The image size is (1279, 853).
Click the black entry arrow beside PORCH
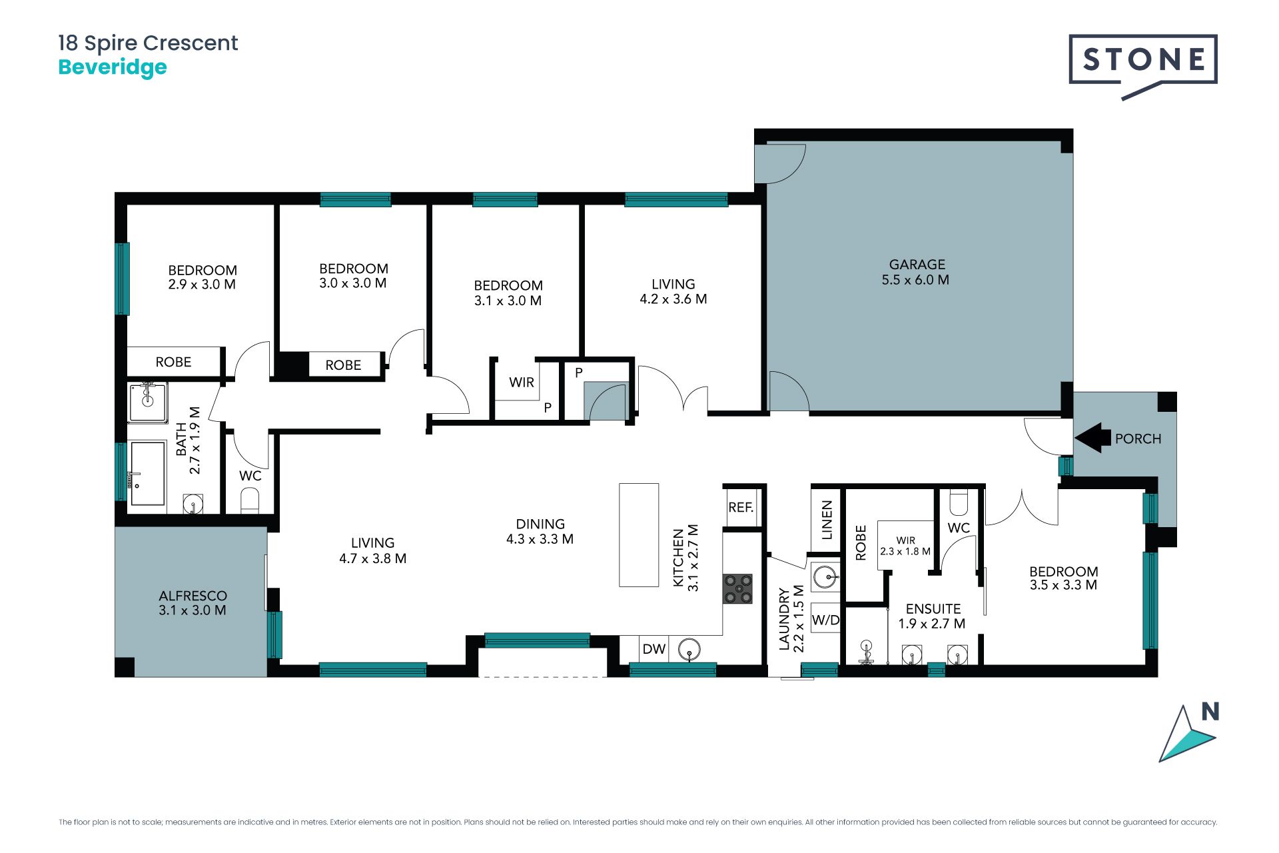click(1093, 438)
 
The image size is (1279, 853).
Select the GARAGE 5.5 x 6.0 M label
click(916, 273)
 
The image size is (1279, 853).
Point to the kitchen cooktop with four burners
click(737, 589)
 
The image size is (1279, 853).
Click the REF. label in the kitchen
click(741, 507)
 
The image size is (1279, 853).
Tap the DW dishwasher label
click(653, 648)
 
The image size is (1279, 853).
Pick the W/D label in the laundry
click(825, 620)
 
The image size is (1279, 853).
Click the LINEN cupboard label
click(827, 520)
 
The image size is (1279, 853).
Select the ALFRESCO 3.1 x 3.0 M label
click(193, 602)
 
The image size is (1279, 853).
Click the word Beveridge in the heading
click(113, 67)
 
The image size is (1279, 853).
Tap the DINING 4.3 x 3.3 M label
click(540, 532)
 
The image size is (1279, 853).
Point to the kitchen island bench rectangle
click(639, 535)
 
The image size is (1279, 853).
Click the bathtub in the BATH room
click(148, 473)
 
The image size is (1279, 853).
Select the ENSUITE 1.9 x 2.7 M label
click(932, 616)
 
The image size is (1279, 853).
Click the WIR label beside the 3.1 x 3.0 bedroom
click(521, 383)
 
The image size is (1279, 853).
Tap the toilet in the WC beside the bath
click(249, 500)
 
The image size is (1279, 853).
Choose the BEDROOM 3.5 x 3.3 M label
click(1063, 578)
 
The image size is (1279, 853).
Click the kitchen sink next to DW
click(689, 648)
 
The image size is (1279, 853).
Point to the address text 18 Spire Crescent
click(148, 43)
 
